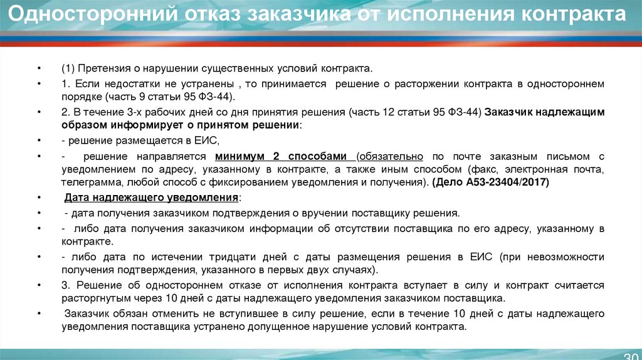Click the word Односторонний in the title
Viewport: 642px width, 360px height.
point(93,14)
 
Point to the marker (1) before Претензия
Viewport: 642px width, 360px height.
point(68,68)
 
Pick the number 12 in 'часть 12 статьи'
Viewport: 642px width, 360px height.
point(388,112)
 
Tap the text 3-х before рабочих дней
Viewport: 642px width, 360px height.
point(136,112)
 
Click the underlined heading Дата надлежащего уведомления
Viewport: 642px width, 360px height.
point(152,198)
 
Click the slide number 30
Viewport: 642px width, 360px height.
point(632,356)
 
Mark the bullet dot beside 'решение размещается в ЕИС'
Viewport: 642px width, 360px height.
point(39,140)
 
